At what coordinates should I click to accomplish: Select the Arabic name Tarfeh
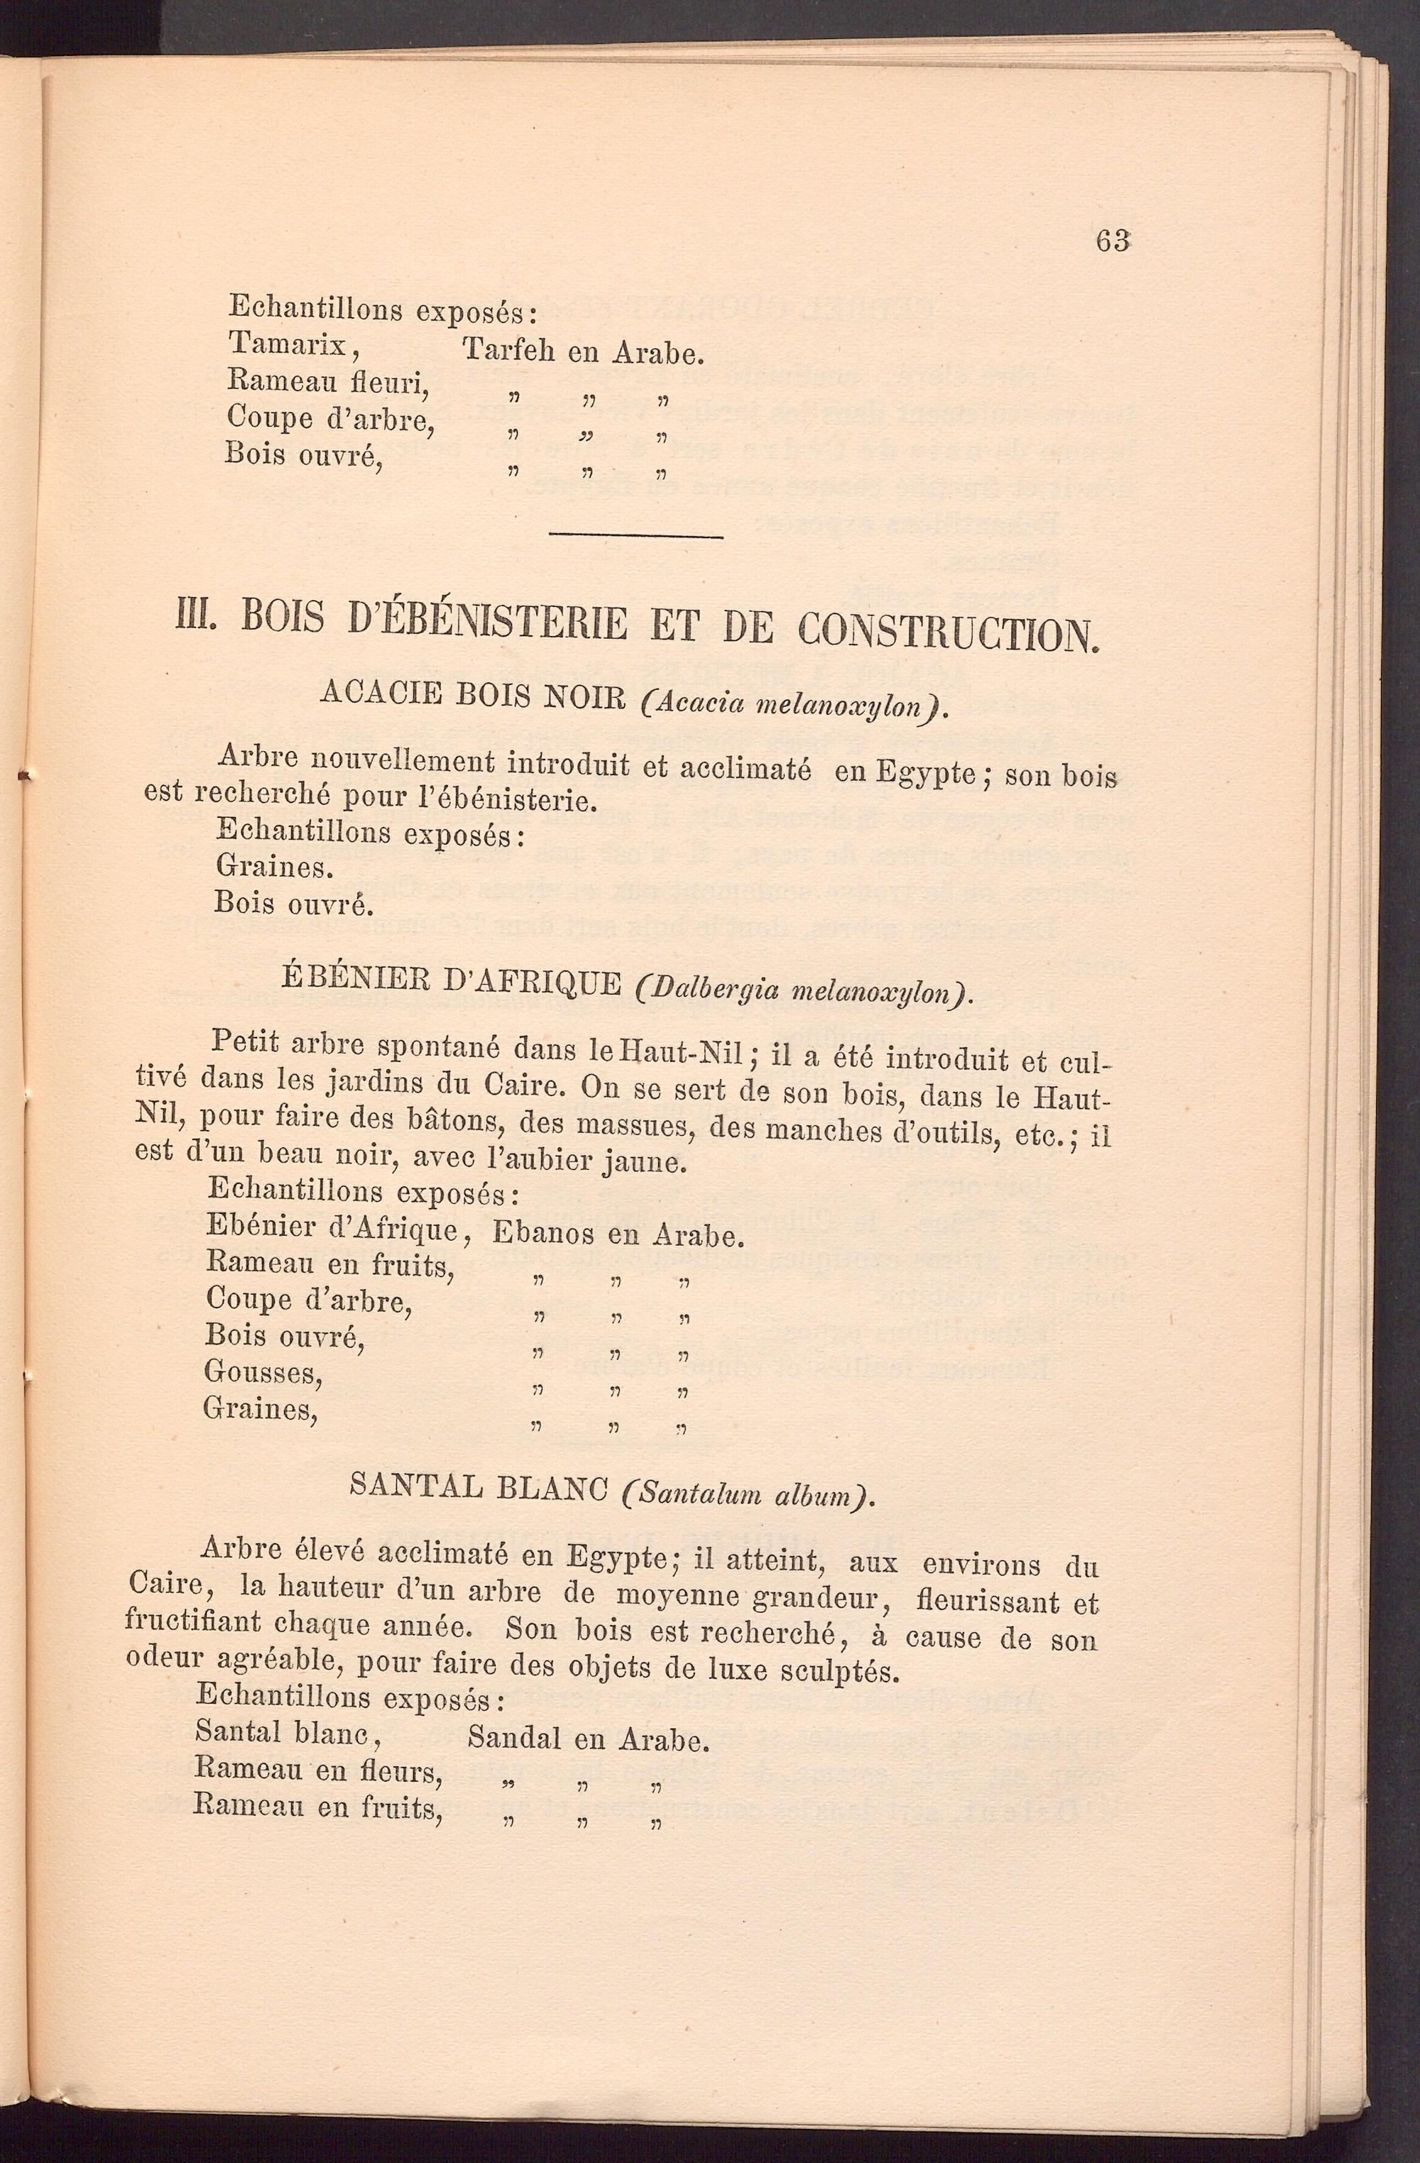pyautogui.click(x=509, y=350)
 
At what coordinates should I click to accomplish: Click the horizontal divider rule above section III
pyautogui.click(x=636, y=536)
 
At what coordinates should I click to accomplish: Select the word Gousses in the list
pyautogui.click(x=263, y=1371)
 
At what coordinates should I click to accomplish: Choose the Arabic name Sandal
pyautogui.click(x=513, y=1738)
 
